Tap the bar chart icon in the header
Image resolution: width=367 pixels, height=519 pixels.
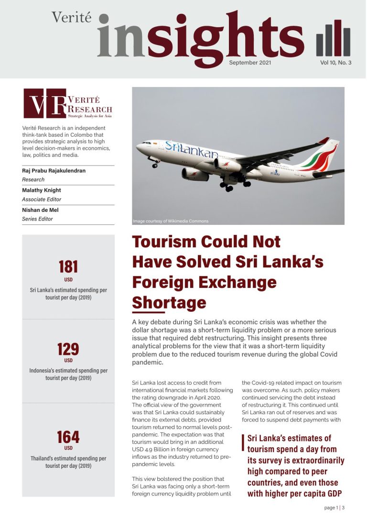pyautogui.click(x=333, y=39)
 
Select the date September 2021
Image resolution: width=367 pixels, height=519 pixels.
pyautogui.click(x=250, y=63)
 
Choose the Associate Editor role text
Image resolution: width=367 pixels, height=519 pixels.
pyautogui.click(x=42, y=199)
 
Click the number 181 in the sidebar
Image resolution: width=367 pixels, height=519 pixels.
pyautogui.click(x=68, y=266)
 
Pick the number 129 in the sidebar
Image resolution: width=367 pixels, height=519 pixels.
pyautogui.click(x=68, y=349)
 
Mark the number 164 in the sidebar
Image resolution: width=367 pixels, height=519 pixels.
pyautogui.click(x=68, y=437)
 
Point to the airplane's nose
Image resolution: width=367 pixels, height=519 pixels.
pyautogui.click(x=139, y=146)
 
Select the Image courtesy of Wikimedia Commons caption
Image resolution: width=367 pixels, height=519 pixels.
pyautogui.click(x=171, y=221)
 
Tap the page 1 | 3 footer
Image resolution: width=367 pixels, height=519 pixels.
pyautogui.click(x=335, y=508)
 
